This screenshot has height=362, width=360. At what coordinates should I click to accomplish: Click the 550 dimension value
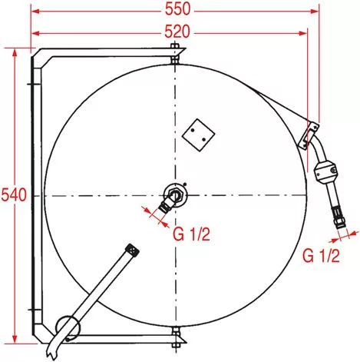point(177,9)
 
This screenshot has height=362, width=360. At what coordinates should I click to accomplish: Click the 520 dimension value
point(177,32)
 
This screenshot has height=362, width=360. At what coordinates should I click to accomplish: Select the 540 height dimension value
point(14,195)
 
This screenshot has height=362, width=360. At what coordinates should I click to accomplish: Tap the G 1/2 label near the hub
point(191,234)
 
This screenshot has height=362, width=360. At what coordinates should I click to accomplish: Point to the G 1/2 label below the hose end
point(321,255)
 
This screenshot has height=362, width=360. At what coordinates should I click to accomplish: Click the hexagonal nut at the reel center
point(176,194)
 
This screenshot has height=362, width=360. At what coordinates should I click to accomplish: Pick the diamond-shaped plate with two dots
point(198,135)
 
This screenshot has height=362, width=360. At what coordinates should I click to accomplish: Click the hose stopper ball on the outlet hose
point(326,172)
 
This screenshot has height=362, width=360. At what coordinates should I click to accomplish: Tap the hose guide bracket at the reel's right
point(309,135)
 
